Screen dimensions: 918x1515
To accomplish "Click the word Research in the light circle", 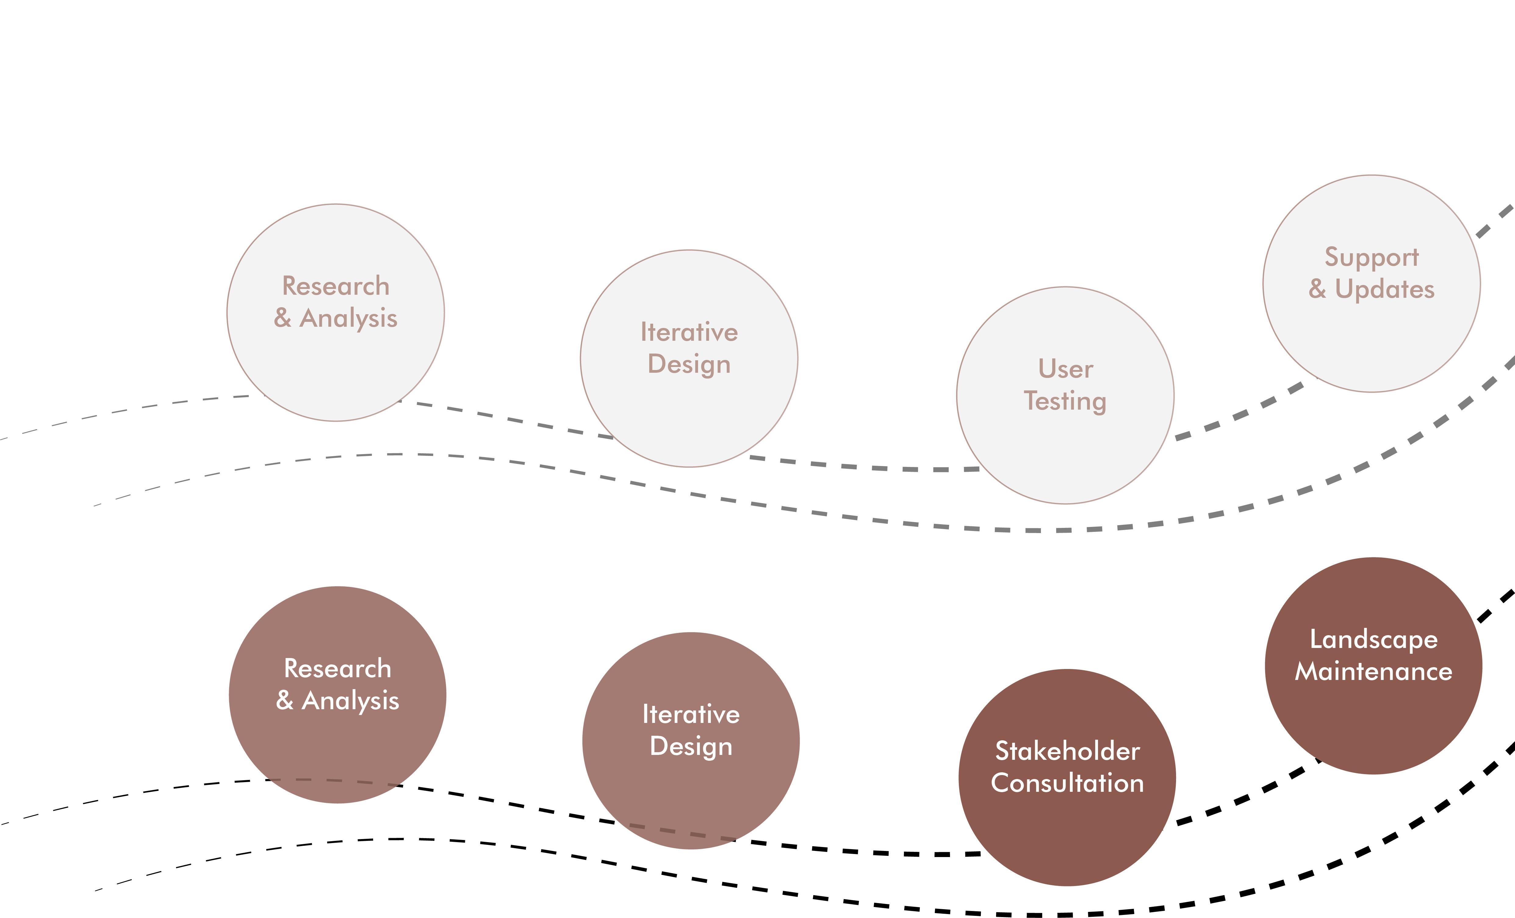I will (x=336, y=286).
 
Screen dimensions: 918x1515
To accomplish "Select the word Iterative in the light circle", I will (x=689, y=333).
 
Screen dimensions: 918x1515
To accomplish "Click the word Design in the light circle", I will (x=689, y=365).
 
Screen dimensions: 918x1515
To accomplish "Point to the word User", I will (x=1066, y=369).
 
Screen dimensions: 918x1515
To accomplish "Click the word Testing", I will (x=1066, y=401).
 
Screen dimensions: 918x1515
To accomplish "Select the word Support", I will (x=1372, y=258).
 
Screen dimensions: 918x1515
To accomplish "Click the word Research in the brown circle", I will (x=337, y=668).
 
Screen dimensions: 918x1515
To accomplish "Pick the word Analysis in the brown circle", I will (x=351, y=701).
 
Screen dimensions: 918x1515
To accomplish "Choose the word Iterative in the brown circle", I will (x=691, y=715).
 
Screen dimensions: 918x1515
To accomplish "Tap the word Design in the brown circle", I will (x=691, y=747).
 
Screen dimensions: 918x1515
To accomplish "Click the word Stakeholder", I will (x=1067, y=752).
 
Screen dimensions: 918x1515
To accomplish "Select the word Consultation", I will (x=1067, y=783).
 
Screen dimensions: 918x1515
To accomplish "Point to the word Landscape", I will (x=1373, y=640).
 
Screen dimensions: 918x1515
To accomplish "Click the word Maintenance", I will (x=1373, y=672).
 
